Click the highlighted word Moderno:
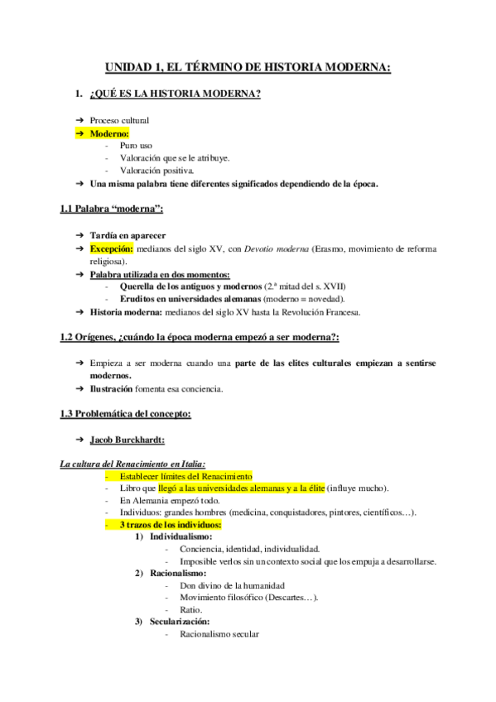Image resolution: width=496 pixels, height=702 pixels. tap(110, 132)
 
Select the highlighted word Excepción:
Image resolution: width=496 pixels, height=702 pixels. tap(111, 248)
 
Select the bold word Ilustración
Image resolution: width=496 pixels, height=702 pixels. tap(111, 389)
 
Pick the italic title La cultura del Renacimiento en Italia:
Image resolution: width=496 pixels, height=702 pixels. tap(133, 464)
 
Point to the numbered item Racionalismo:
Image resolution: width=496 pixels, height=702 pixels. tap(177, 573)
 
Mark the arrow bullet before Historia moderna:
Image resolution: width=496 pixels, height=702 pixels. tap(79, 312)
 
